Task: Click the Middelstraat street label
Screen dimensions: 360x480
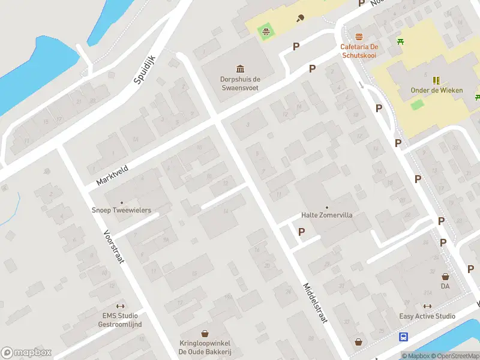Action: pyautogui.click(x=315, y=304)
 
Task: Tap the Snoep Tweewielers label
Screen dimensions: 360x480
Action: pyautogui.click(x=121, y=211)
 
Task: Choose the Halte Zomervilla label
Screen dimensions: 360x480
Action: pyautogui.click(x=326, y=215)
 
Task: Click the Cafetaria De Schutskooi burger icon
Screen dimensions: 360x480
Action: pyautogui.click(x=359, y=37)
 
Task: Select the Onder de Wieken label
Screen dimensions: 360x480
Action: pyautogui.click(x=437, y=91)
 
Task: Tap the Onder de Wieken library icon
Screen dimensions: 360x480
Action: pyautogui.click(x=436, y=80)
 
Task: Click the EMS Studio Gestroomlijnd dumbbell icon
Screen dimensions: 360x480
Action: pyautogui.click(x=121, y=306)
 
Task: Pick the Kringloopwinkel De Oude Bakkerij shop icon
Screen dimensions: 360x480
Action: pyautogui.click(x=205, y=333)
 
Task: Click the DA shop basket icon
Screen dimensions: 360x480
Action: pyautogui.click(x=445, y=277)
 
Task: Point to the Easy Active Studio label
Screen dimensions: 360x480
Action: pyautogui.click(x=427, y=316)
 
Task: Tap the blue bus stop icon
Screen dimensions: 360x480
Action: pyautogui.click(x=404, y=337)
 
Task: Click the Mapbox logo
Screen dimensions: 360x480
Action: pyautogui.click(x=26, y=353)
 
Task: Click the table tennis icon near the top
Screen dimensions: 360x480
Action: pyautogui.click(x=299, y=18)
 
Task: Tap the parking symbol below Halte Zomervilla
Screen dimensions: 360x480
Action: pyautogui.click(x=301, y=232)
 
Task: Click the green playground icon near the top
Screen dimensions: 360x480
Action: pyautogui.click(x=265, y=30)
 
